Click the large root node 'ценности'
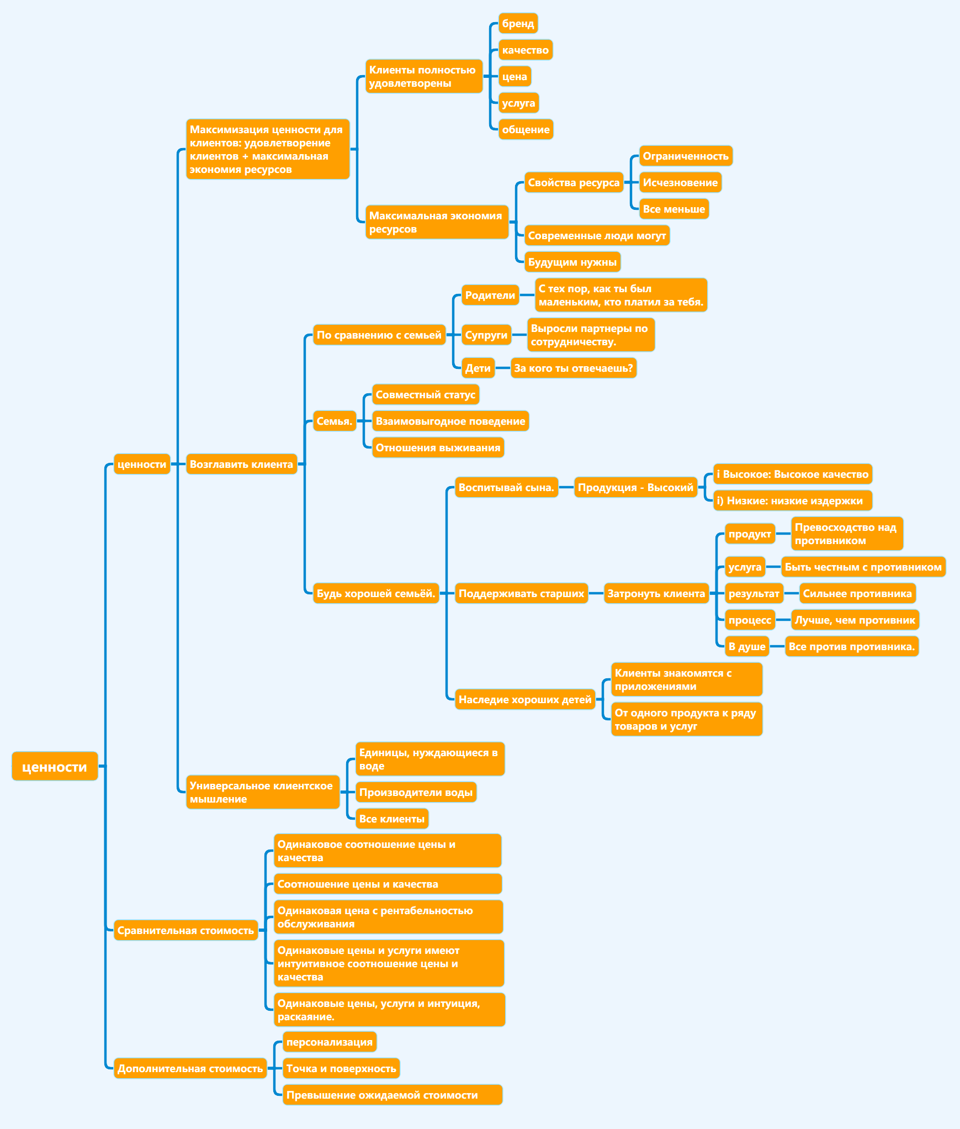tap(55, 766)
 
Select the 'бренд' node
tap(518, 23)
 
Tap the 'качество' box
tap(525, 50)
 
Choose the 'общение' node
tap(526, 129)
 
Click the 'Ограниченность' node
tap(686, 156)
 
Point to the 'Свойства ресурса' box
tap(574, 182)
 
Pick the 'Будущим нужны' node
tap(572, 262)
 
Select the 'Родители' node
tap(490, 295)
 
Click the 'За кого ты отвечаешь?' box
tap(573, 368)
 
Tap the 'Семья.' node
tap(334, 421)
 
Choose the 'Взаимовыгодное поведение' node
tap(450, 421)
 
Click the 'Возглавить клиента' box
tap(241, 464)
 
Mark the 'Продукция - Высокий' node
tap(635, 487)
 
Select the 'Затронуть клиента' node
tap(656, 593)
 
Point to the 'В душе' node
tap(747, 646)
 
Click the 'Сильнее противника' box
tap(857, 593)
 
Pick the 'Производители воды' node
tap(416, 792)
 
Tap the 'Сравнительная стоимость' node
tap(185, 930)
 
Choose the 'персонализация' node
tap(329, 1042)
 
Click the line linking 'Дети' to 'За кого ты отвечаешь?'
tap(502, 368)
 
